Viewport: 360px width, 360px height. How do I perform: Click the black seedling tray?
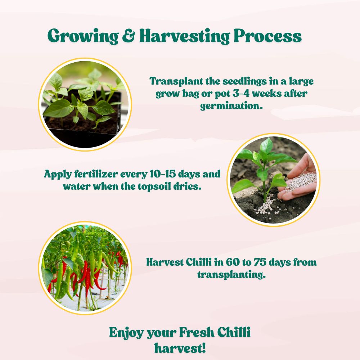pos(83,135)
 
